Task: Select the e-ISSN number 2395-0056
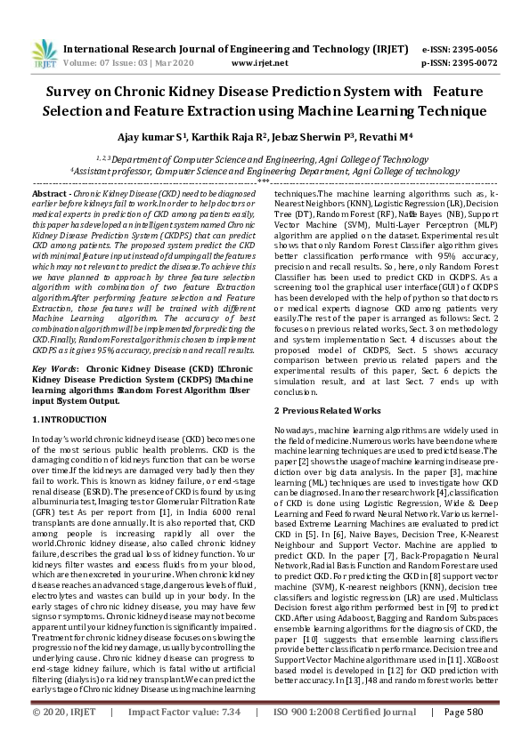pos(470,50)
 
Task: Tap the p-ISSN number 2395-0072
pos(470,64)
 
